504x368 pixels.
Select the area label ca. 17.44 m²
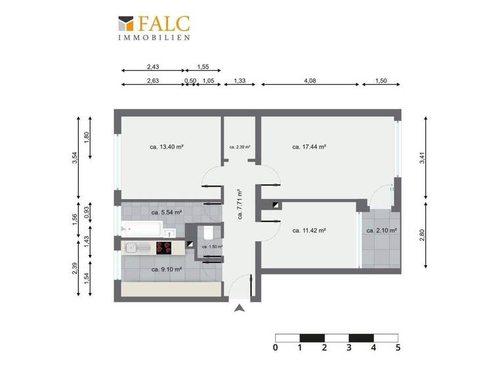(310, 147)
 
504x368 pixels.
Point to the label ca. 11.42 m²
(310, 231)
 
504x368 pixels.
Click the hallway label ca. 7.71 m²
(240, 204)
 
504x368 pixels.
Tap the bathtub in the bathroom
(142, 230)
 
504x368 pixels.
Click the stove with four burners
(164, 248)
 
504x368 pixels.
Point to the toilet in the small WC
(207, 233)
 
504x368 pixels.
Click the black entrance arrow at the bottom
(240, 308)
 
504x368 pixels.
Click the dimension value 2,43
(154, 67)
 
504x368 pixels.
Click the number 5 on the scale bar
(398, 348)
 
